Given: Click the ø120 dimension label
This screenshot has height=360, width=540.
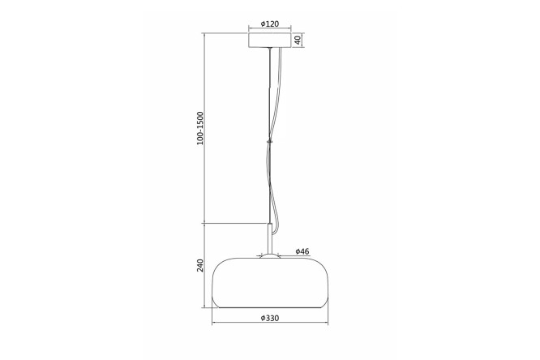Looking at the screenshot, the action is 270,24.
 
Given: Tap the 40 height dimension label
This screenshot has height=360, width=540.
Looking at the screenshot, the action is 298,40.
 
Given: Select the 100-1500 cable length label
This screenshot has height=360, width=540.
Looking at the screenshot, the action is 200,128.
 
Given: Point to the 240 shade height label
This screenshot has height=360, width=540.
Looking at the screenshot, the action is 200,265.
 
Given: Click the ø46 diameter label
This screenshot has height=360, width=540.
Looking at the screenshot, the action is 302,251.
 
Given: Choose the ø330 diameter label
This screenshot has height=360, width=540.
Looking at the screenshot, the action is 270,318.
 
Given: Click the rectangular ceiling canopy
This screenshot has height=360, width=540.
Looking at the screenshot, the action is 270,40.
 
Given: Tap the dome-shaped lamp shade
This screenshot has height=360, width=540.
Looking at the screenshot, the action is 270,282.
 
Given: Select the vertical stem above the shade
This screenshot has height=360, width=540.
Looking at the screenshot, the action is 270,239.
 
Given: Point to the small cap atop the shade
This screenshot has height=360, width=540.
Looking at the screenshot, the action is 270,255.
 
